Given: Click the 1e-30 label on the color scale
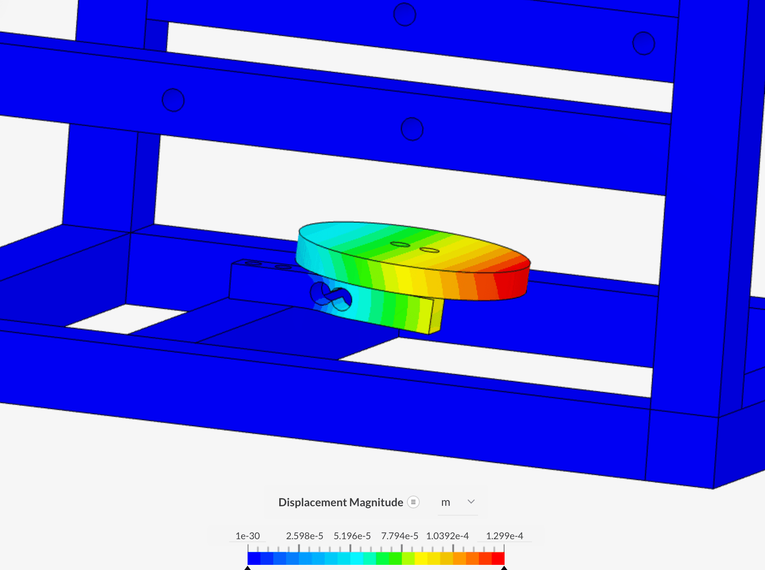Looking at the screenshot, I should coord(248,536).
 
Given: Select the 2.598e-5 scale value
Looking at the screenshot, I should coord(305,536).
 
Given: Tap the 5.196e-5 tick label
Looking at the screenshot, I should coord(352,536).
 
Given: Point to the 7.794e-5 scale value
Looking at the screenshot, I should coord(400,536).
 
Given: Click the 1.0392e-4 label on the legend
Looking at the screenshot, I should coord(447,536).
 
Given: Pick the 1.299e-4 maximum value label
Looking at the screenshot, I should coord(504,536).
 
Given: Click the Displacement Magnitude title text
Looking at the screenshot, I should coord(341,502).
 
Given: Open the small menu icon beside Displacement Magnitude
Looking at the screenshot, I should coord(413,502).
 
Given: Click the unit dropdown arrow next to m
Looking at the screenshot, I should coord(471,502).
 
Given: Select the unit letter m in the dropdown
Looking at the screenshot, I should coord(445,502).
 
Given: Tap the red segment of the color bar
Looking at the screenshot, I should coord(498,558).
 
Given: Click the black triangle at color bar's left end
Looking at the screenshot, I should coord(248,568).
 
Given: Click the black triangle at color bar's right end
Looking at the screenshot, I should coord(504,568).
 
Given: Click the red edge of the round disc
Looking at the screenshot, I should coord(514,282).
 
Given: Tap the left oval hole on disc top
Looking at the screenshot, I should coord(400,244).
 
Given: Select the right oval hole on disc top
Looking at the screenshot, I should coord(429,250).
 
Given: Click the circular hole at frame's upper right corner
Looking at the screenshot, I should coord(643,43).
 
